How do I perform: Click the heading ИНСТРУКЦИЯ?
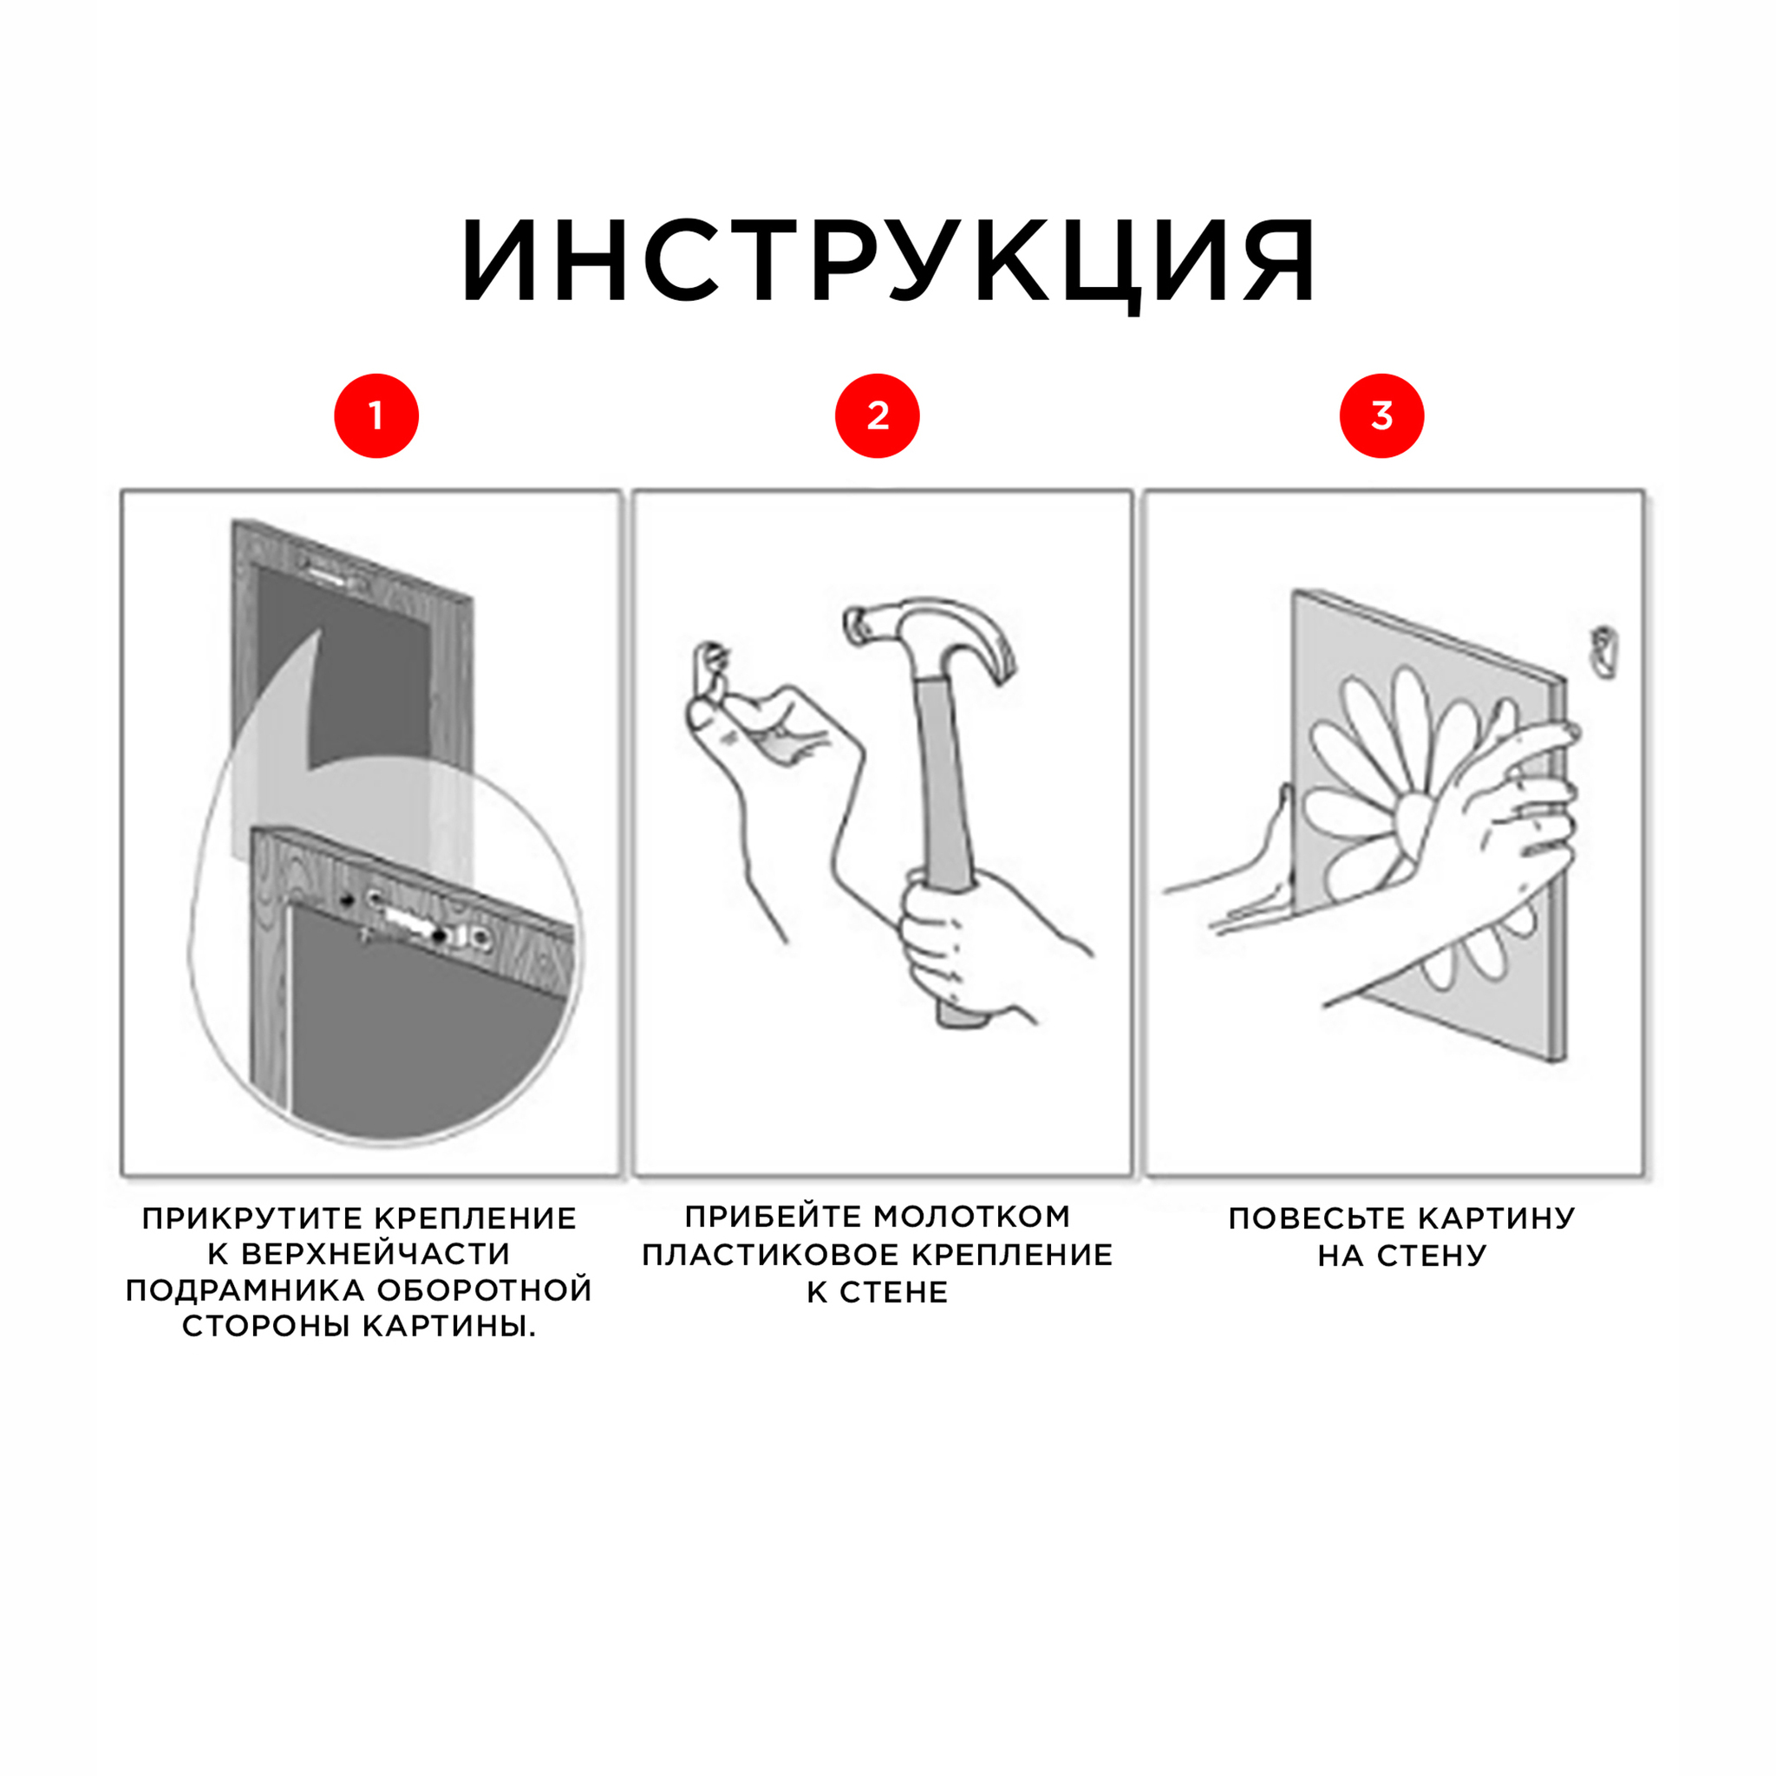click(888, 261)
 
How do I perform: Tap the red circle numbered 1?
click(376, 415)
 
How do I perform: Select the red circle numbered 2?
click(877, 415)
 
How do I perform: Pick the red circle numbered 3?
click(1381, 415)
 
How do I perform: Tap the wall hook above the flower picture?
click(1604, 652)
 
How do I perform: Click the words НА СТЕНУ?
click(1402, 1256)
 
